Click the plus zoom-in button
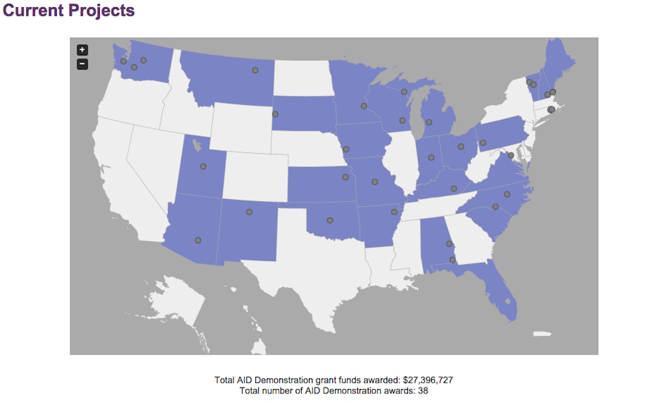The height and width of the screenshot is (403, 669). tap(82, 50)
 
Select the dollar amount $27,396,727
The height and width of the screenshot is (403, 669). tap(428, 380)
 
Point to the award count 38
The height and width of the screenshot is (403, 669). tap(423, 391)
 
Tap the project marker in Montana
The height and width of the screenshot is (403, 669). tap(255, 70)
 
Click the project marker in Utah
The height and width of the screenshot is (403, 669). tap(203, 166)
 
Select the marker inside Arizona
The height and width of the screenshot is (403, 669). tap(198, 241)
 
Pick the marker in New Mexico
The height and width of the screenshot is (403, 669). tap(249, 212)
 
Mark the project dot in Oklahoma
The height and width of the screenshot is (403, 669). tap(330, 220)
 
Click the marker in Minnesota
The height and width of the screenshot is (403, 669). tap(364, 106)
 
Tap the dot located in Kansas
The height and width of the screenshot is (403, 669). tap(346, 177)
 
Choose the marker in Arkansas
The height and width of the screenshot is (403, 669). tap(394, 212)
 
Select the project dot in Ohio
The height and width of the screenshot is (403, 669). tap(461, 147)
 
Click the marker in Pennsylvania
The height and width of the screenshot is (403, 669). tap(483, 143)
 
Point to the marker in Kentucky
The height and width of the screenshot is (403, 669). tap(454, 189)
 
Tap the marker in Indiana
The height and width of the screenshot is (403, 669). tap(431, 157)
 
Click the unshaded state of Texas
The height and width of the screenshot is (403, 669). tap(312, 268)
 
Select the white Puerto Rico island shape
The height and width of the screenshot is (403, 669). tap(541, 334)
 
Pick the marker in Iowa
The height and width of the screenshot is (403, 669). tap(346, 149)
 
